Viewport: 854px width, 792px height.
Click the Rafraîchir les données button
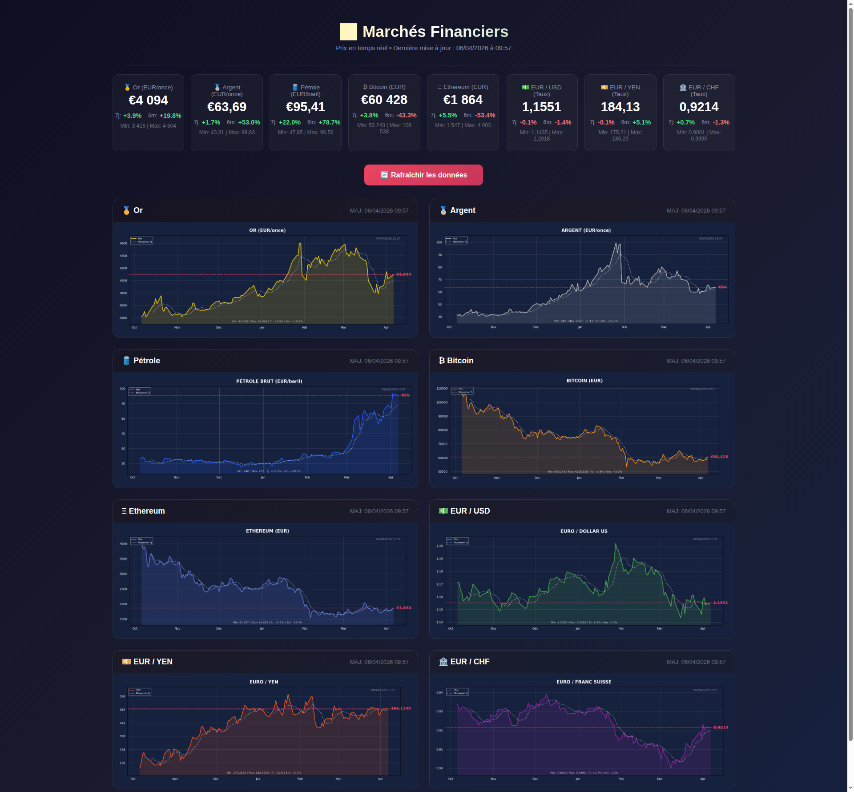[423, 175]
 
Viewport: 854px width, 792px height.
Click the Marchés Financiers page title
[435, 32]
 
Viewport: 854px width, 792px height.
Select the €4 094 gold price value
[148, 101]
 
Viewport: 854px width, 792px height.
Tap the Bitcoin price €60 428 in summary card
[384, 100]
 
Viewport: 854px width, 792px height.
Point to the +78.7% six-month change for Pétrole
[329, 122]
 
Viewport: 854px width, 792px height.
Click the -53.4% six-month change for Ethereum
[485, 115]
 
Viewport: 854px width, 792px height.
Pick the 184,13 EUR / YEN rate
[620, 107]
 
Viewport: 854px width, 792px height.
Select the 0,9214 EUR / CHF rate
[699, 107]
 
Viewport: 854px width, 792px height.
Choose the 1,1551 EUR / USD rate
[541, 107]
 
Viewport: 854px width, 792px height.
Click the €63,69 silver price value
[227, 107]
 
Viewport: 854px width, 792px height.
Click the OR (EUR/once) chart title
[267, 230]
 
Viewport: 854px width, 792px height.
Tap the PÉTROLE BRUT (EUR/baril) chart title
[269, 381]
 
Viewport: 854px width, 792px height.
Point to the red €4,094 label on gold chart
[403, 274]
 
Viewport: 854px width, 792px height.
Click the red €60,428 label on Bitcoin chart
[719, 457]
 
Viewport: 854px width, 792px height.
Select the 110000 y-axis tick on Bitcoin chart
[442, 389]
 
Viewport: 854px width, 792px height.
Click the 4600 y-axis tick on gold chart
[123, 243]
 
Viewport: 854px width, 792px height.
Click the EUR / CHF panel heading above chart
[470, 662]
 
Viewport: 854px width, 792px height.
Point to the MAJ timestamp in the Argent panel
[696, 211]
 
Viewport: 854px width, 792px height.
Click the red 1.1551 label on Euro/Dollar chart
[721, 603]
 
